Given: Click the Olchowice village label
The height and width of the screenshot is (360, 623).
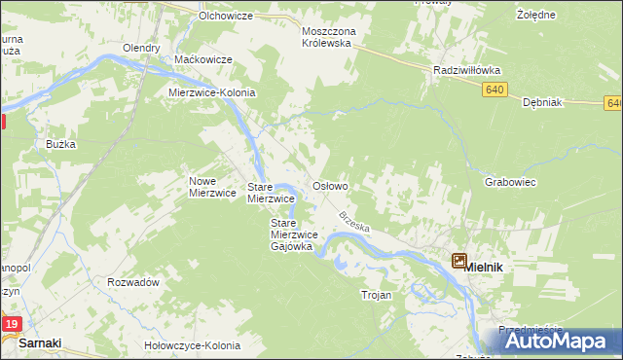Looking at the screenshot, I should (225, 17).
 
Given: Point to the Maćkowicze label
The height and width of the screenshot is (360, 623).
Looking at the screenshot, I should (202, 59).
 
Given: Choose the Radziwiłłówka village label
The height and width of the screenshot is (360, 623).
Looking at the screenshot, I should (466, 70).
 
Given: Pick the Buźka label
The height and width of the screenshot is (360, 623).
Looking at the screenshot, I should (60, 144).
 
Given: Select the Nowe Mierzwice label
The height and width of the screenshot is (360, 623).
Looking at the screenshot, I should (212, 187).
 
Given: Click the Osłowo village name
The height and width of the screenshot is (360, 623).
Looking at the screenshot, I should (329, 185).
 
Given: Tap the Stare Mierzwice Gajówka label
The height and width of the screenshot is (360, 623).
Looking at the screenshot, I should (291, 234).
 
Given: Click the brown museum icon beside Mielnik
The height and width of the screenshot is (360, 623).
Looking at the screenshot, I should (458, 260).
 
